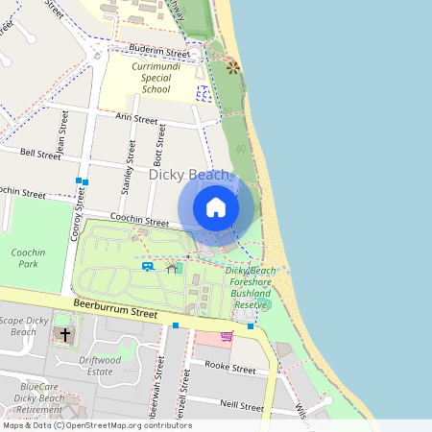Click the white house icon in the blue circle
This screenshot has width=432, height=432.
[x=216, y=206]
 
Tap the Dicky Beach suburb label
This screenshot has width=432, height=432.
[x=190, y=175]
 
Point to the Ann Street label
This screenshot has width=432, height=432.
[x=135, y=119]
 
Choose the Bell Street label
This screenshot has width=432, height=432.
[x=40, y=153]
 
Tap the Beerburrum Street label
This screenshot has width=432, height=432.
[x=115, y=313]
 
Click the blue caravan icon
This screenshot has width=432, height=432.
[x=149, y=266]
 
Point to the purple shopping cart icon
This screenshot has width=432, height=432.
[x=227, y=336]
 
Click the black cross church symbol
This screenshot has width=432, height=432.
[x=65, y=335]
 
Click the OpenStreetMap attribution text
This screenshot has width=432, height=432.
[x=96, y=425]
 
